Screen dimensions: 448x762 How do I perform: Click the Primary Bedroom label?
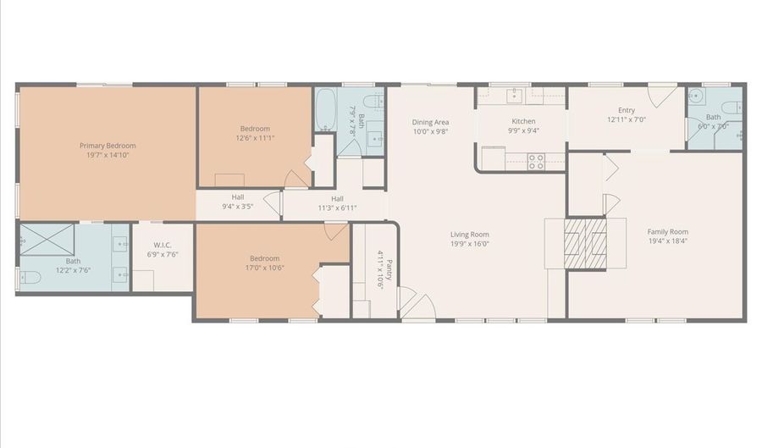[108, 146]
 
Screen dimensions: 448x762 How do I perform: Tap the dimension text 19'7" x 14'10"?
[108, 155]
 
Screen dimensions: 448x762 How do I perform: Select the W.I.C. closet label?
[163, 244]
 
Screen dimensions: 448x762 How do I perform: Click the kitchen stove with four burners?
[536, 161]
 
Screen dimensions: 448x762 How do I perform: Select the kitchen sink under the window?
[514, 95]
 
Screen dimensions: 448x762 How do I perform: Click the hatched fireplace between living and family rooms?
[586, 244]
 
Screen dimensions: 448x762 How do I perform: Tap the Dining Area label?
[430, 122]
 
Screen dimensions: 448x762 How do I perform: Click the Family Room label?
[667, 232]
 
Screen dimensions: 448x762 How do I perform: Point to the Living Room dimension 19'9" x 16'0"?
[469, 244]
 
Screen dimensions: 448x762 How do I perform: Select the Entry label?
[626, 110]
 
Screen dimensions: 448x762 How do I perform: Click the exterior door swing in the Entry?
[662, 93]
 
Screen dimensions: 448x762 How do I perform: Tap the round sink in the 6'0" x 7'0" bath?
[695, 96]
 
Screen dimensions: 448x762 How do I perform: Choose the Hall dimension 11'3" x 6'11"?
[337, 207]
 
